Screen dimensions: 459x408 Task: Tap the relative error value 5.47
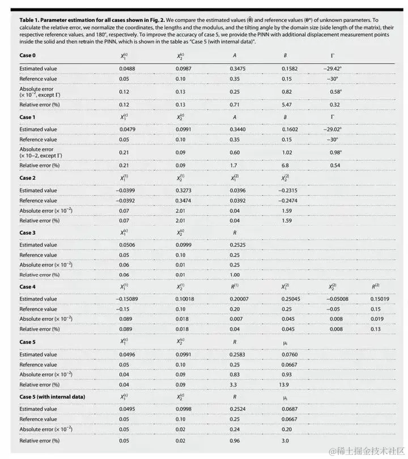point(288,105)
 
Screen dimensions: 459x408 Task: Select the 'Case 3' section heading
point(27,233)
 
